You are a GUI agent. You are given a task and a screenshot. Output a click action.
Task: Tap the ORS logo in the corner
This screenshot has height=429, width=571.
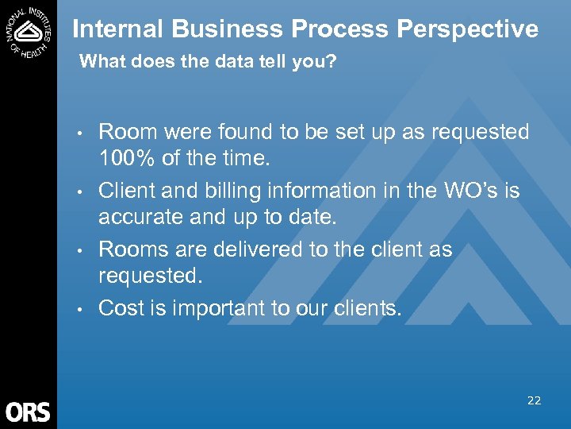[28, 412]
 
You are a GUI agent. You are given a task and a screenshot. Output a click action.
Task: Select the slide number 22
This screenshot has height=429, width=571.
[534, 400]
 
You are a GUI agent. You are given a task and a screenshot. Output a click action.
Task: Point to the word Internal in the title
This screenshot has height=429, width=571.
[118, 29]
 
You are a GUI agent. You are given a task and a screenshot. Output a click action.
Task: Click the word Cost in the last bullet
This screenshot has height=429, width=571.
[121, 308]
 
